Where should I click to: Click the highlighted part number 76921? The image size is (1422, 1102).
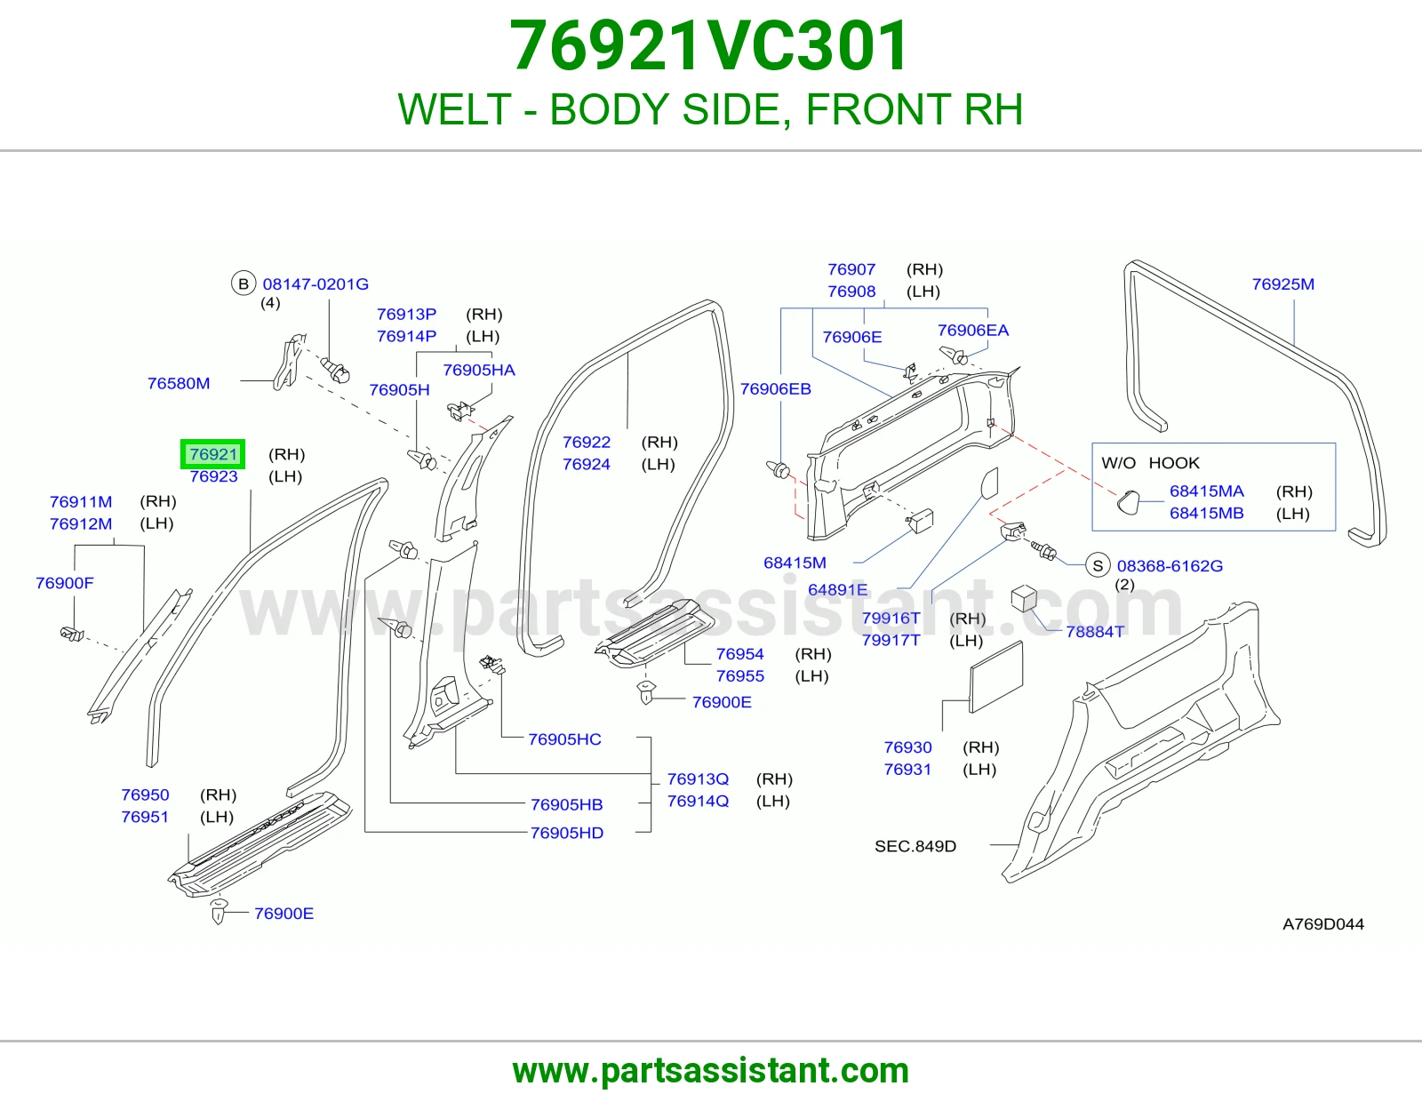tap(212, 454)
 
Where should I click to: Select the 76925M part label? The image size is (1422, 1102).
tap(1282, 284)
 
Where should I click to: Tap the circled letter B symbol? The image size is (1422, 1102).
tap(244, 283)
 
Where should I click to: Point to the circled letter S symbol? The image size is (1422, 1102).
tap(1098, 565)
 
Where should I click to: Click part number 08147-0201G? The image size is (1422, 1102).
tap(316, 284)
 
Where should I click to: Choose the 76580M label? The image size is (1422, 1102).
tap(179, 383)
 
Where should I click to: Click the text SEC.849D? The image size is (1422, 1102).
tap(915, 846)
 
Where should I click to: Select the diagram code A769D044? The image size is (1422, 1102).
tap(1323, 924)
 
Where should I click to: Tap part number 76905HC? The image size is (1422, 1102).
tap(564, 739)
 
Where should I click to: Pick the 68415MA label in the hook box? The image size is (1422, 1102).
tap(1207, 491)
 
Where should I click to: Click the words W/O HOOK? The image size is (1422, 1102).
tap(1150, 463)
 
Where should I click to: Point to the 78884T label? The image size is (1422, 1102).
tap(1095, 632)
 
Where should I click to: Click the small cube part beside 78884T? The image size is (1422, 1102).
tap(1024, 598)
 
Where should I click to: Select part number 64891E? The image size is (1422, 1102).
tap(837, 589)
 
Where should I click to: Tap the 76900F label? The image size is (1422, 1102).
tap(65, 583)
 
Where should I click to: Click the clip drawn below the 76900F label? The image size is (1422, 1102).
tap(71, 634)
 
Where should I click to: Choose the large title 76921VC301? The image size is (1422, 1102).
tap(709, 45)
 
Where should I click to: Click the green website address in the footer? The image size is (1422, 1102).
tap(711, 1071)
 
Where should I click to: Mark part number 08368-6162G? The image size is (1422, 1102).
tap(1170, 566)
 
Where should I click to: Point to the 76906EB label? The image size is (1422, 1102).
tap(776, 389)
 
